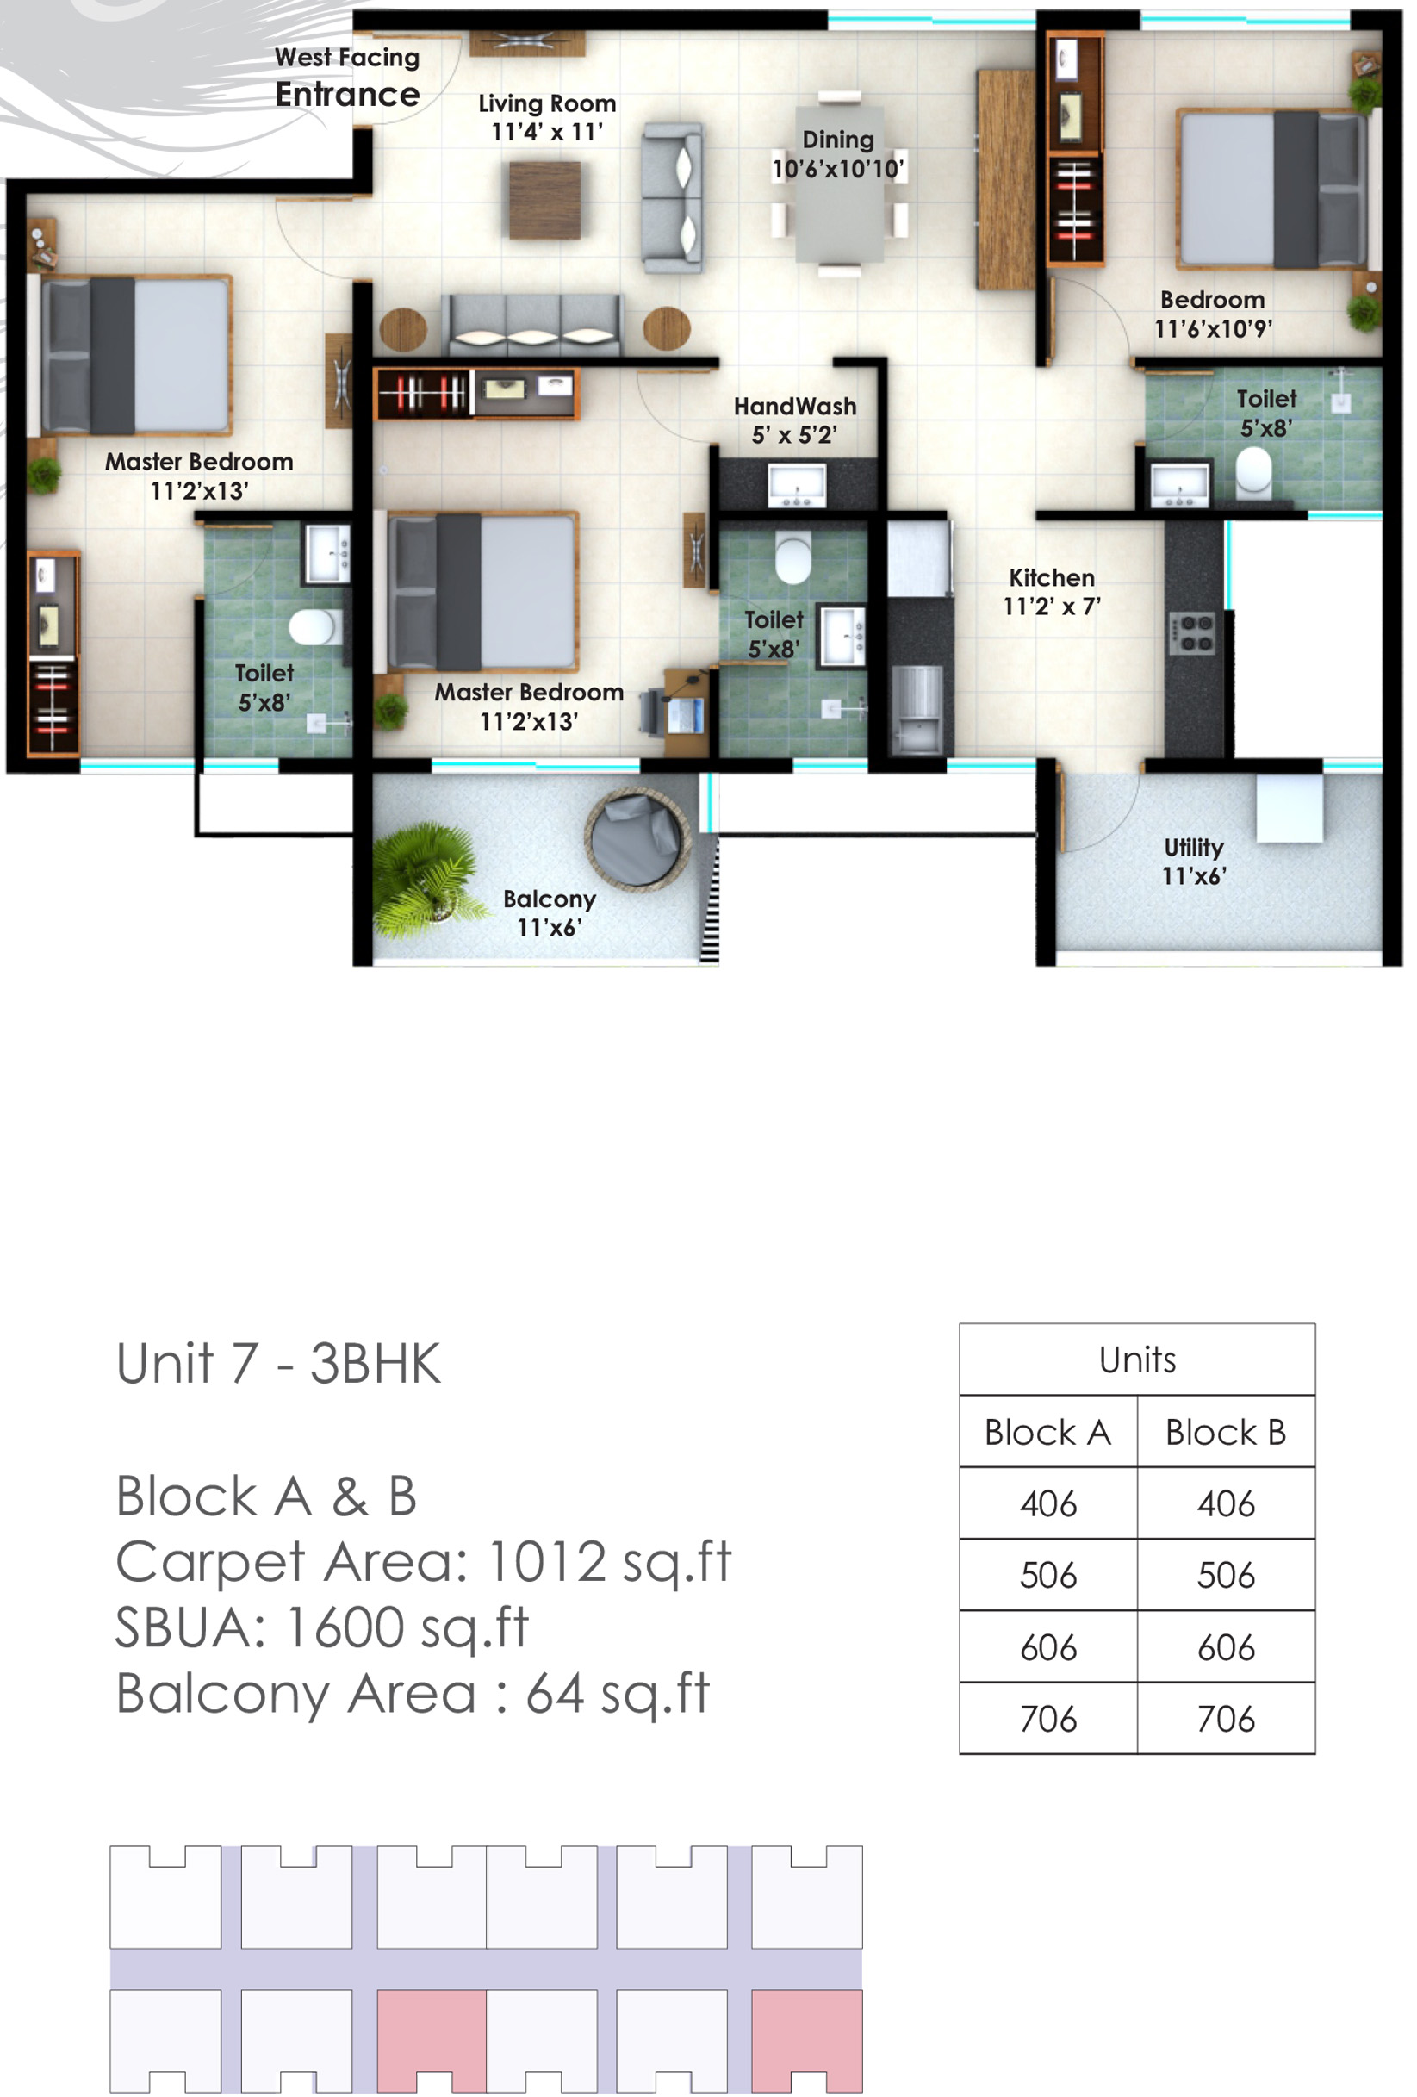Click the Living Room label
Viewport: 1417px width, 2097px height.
click(x=547, y=103)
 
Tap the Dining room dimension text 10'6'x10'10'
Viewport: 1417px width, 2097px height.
click(x=838, y=169)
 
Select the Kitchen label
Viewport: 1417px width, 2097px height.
click(x=1052, y=577)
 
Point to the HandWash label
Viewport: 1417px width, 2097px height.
click(x=794, y=406)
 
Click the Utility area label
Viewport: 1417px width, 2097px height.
click(x=1193, y=847)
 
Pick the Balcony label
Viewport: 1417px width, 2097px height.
click(x=550, y=899)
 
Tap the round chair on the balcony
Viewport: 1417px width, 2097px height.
click(x=637, y=839)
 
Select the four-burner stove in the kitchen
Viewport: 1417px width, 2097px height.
click(x=1191, y=633)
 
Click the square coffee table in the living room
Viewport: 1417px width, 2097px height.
click(x=544, y=201)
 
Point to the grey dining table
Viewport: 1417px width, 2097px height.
click(x=839, y=185)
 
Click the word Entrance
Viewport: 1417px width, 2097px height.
click(x=347, y=95)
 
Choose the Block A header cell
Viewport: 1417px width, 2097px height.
click(x=1048, y=1432)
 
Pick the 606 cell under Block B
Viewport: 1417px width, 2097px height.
click(x=1226, y=1647)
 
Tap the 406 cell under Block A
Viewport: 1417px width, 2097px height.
click(x=1048, y=1504)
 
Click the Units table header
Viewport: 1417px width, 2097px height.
click(x=1137, y=1360)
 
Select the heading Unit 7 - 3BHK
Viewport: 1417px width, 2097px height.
click(x=279, y=1364)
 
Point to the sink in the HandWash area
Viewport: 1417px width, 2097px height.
click(x=797, y=485)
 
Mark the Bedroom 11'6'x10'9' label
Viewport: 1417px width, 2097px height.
click(x=1212, y=314)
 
